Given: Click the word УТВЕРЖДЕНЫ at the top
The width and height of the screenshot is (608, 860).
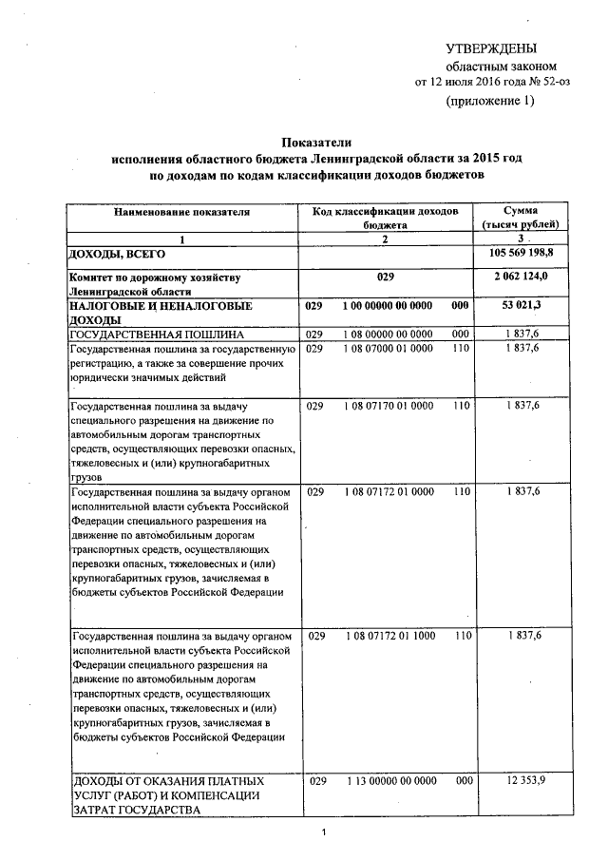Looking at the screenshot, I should tap(491, 48).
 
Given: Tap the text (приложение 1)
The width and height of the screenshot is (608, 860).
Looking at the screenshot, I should tap(490, 102).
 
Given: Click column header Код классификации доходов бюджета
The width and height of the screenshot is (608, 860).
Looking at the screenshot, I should tap(384, 218).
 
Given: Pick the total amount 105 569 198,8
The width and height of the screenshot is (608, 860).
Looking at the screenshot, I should tap(522, 256).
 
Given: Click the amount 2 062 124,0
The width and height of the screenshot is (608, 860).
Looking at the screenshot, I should tap(522, 277).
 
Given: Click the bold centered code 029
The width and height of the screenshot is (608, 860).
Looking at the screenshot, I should tap(385, 277).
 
